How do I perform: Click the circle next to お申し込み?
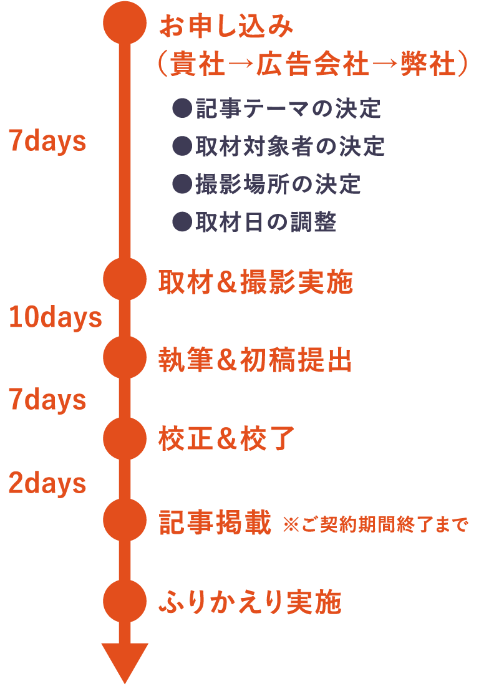pos(125,22)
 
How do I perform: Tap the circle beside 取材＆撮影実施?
pos(125,279)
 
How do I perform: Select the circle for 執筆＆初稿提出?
pos(125,357)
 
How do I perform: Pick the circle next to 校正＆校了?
pos(125,439)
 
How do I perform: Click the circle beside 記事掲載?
pos(125,519)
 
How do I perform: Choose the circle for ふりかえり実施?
pos(125,601)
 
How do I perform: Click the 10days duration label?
pos(55,318)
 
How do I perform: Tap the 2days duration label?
pos(47,483)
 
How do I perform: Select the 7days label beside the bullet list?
pos(47,142)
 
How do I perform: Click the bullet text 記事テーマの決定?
pos(288,109)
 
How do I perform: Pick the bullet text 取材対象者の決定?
pos(289,147)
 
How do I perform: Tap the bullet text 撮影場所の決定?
pos(278,184)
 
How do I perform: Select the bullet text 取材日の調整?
pos(266,222)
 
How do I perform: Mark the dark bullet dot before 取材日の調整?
pos(182,222)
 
